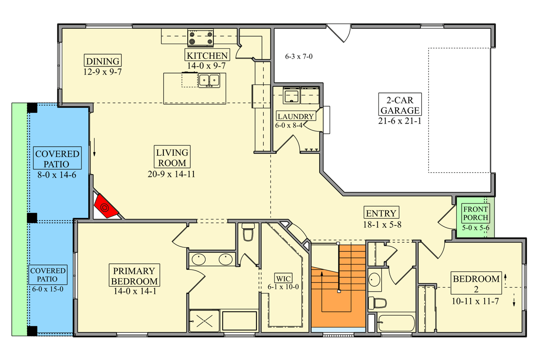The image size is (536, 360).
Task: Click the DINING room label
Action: pos(103,61)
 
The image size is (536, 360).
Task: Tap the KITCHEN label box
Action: pos(207,55)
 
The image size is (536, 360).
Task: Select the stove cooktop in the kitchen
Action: pos(201,38)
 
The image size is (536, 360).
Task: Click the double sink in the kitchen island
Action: pos(209,81)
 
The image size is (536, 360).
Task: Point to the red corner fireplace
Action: pos(106,207)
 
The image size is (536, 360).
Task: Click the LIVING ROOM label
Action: pos(172,157)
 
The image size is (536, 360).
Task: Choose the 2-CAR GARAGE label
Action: pos(400,105)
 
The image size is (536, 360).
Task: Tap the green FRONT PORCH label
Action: pos(475,213)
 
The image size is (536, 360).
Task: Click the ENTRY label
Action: pos(381,213)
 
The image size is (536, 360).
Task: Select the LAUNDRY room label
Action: pos(296,116)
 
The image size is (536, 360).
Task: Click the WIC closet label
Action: pos(284,278)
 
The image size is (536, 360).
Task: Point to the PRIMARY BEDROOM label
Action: pos(135,275)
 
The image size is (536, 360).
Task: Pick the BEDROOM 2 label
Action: pos(476,283)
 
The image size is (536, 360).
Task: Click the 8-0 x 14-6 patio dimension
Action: pos(57,175)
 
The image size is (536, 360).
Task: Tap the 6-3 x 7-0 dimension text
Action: pos(299,56)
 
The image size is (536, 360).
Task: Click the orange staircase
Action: pos(338,287)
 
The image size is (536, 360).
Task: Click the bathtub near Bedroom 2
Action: pos(396,323)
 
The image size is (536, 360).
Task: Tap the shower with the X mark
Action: pos(204,321)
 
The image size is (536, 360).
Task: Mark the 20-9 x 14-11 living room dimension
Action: pos(171,174)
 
